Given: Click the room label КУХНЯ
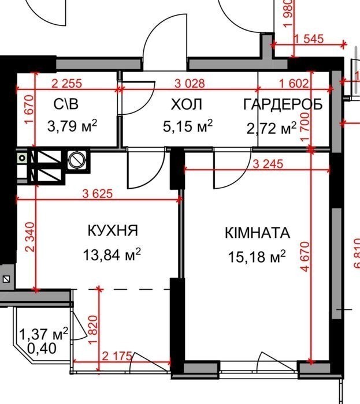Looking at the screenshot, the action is coord(113,231).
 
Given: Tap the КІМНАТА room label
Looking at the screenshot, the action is coord(257,233).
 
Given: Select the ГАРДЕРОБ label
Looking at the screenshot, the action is coord(283,104).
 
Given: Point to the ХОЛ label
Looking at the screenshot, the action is coord(187,104).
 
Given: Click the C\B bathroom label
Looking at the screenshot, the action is coord(66,104).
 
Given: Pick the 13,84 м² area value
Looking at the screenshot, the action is coord(112,255).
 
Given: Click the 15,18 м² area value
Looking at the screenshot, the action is coord(257,256).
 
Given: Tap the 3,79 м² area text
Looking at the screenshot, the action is coord(72,126).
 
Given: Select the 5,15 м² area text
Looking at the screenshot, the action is coord(188,126).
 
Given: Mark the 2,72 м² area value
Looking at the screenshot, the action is coord(271,128).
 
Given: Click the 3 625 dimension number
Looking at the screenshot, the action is coord(98,194).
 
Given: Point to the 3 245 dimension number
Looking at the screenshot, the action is coord(268,164).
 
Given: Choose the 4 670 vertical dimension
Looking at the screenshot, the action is coord(305,256).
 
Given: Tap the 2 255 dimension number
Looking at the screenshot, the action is coord(67,84).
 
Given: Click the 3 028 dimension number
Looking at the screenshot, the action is coord(190,84).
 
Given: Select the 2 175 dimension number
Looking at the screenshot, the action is coord(117,356).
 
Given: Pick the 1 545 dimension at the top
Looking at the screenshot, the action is coord(309,39).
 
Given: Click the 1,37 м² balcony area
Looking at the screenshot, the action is coord(44,334).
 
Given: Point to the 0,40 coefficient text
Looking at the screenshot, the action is coord(42,349).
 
